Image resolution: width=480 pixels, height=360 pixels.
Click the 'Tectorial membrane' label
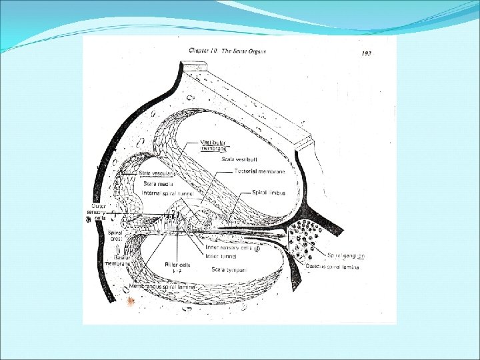pyautogui.click(x=260, y=171)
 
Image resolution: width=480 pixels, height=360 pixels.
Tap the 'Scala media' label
pyautogui.click(x=157, y=183)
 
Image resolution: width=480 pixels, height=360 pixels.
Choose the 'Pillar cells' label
pyautogui.click(x=179, y=265)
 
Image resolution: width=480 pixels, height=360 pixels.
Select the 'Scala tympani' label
pyautogui.click(x=229, y=270)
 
